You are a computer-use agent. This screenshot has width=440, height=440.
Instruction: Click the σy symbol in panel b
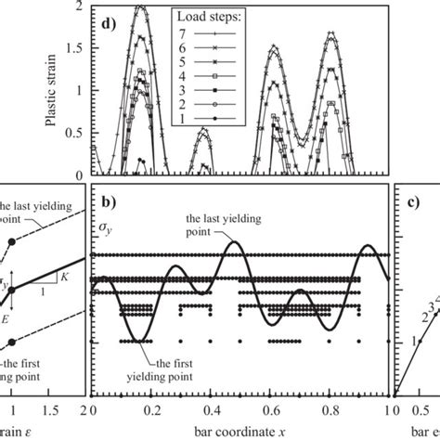point(105,226)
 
